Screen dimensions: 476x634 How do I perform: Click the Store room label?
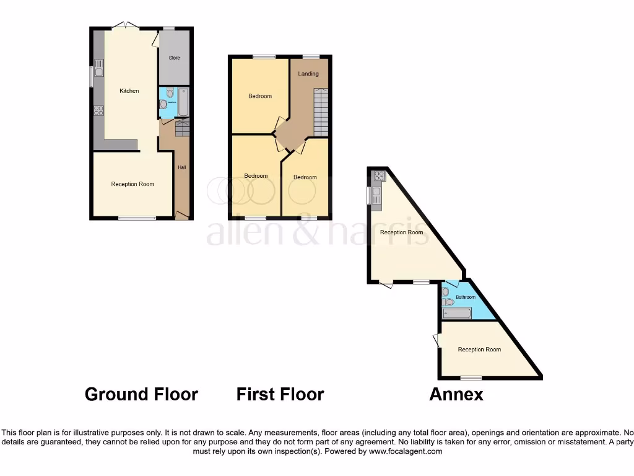(x=174, y=58)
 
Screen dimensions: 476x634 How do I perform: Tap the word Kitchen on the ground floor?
(x=129, y=91)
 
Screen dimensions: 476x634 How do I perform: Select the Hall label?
(x=182, y=167)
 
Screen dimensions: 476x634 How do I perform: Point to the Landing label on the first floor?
(x=308, y=74)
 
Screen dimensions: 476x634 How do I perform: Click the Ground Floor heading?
(x=141, y=394)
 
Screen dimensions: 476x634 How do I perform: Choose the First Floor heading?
(x=280, y=394)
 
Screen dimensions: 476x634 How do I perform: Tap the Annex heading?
(x=456, y=394)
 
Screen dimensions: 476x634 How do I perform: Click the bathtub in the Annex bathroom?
(x=456, y=314)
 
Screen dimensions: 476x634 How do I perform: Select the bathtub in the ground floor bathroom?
(x=183, y=102)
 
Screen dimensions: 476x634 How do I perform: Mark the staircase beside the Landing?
(x=320, y=112)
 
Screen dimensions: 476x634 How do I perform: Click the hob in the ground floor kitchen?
(x=98, y=111)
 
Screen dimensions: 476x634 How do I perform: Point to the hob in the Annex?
(x=378, y=175)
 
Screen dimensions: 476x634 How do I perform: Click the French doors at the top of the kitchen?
(x=126, y=25)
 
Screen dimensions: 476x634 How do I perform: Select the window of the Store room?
(x=168, y=28)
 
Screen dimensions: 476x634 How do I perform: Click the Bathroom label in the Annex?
(x=466, y=297)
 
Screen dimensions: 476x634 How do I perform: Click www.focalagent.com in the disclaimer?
(x=405, y=452)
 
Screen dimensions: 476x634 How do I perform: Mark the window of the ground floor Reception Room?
(x=137, y=218)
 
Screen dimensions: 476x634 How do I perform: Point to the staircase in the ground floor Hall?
(x=182, y=129)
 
